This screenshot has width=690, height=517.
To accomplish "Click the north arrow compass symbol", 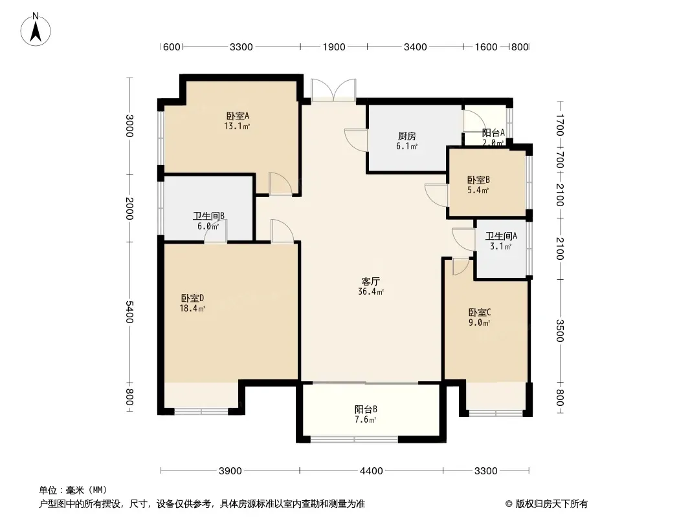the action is (x=36, y=30).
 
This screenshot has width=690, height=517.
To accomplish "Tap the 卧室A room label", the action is (x=238, y=116).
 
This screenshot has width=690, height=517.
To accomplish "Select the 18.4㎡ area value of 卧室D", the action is (x=192, y=308).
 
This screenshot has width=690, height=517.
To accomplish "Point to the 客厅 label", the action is (x=370, y=281).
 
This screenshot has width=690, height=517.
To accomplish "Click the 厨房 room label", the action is (x=406, y=136).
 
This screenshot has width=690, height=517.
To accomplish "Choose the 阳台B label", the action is (x=366, y=409).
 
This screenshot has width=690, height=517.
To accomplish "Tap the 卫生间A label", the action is (x=501, y=236).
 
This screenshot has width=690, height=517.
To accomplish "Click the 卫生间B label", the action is (x=208, y=216).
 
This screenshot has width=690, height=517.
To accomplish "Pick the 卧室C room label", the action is (x=479, y=312).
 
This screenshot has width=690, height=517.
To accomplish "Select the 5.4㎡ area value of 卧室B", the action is (x=478, y=190).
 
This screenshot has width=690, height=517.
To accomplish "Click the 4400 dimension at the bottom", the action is (x=371, y=471).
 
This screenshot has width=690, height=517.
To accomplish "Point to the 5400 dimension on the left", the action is (x=129, y=312).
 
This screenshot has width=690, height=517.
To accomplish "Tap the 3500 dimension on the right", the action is (x=560, y=330).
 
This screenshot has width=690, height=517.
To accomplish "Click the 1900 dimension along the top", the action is (x=333, y=47).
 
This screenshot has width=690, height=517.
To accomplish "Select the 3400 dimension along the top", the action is (x=415, y=47).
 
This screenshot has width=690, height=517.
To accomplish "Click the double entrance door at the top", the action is (x=333, y=90).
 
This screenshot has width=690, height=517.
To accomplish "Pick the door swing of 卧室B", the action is (x=436, y=195).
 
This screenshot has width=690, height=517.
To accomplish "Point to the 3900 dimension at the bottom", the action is (x=230, y=471).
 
